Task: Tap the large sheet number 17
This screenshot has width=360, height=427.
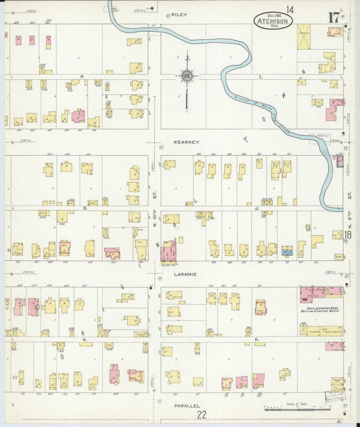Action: (x=334, y=16)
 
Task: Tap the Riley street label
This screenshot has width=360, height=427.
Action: (x=178, y=14)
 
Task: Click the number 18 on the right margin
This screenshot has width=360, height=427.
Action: (x=347, y=234)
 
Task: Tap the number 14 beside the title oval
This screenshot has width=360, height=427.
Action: (x=290, y=9)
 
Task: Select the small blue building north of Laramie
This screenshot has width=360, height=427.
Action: (x=287, y=250)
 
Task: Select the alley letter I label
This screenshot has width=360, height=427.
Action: (x=261, y=78)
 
